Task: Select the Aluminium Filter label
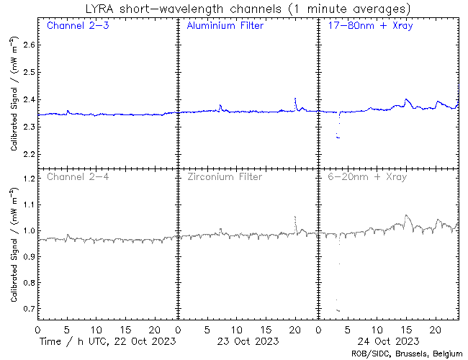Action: pos(225,26)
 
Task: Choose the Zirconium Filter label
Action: pos(224,176)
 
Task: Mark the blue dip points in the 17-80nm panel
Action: pos(338,136)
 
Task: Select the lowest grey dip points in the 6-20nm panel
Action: pos(338,310)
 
